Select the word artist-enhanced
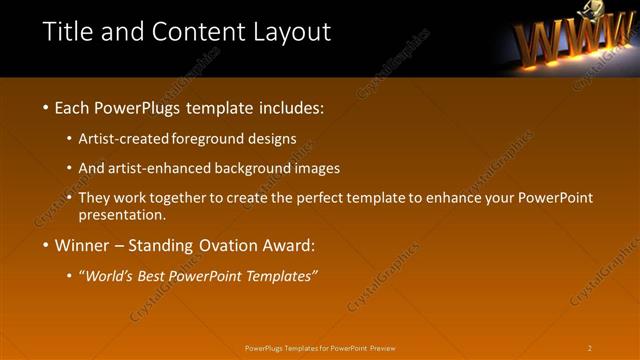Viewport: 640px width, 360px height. tap(165, 168)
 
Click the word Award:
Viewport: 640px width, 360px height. tap(290, 245)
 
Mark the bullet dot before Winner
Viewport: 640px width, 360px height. tap(46, 245)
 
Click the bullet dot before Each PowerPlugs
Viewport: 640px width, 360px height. tap(46, 107)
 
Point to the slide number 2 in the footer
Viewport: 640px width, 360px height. tap(590, 348)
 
